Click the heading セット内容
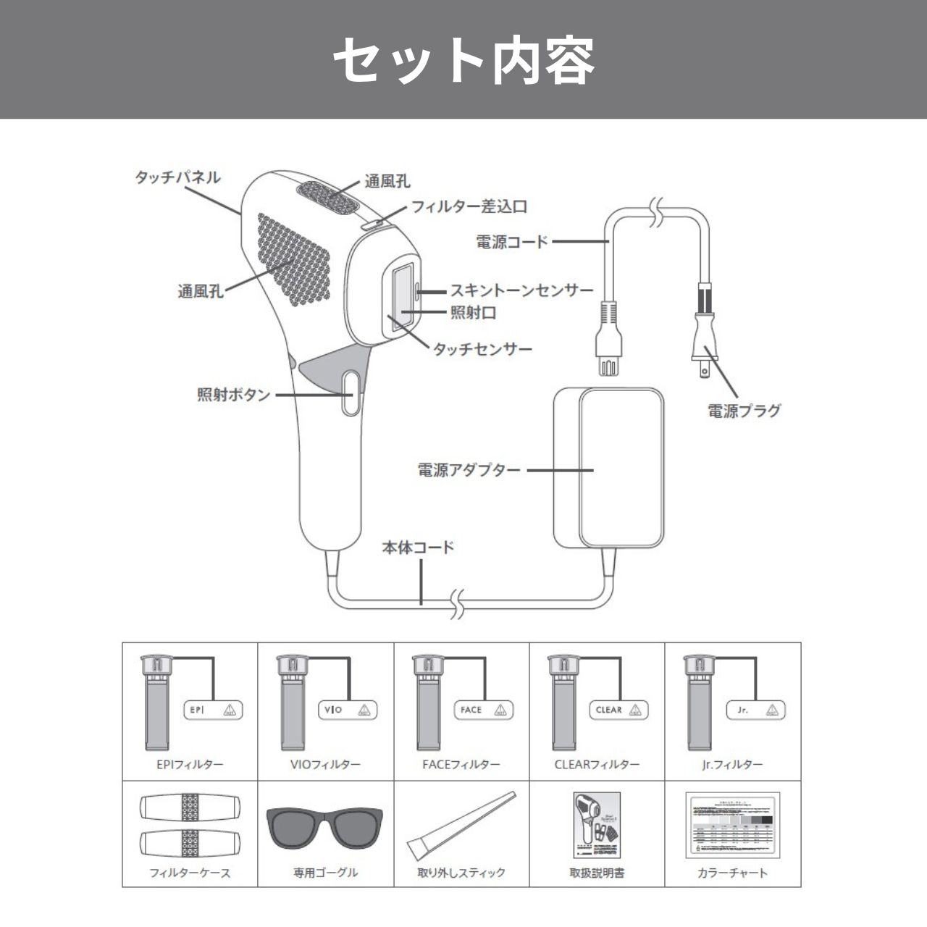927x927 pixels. click(x=463, y=59)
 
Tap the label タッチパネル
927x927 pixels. click(x=177, y=177)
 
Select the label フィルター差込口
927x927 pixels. click(x=469, y=206)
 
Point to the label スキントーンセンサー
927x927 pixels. click(x=521, y=290)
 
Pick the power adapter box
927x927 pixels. click(x=608, y=467)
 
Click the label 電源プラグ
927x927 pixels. click(x=744, y=411)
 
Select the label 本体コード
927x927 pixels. click(x=418, y=547)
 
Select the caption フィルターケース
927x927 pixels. click(x=190, y=873)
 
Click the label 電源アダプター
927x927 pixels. click(x=469, y=469)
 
